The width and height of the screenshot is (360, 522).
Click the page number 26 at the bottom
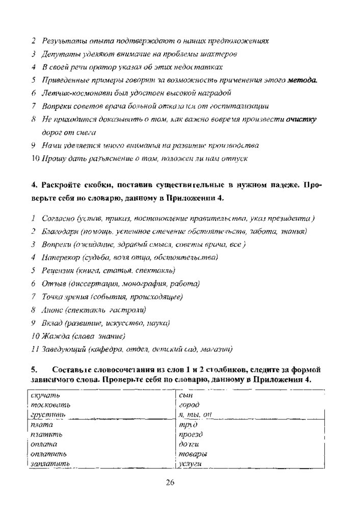click(170, 484)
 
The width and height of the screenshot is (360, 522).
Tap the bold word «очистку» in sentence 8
click(302, 119)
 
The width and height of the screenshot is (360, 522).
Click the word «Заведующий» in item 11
click(63, 349)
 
